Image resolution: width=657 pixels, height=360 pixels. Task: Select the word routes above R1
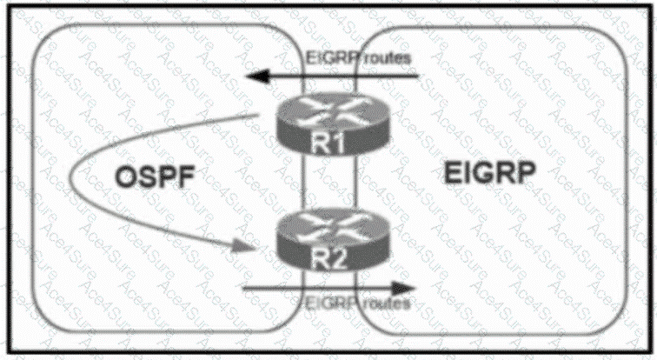[382, 58]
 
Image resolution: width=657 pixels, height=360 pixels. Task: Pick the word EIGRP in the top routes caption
[328, 58]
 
